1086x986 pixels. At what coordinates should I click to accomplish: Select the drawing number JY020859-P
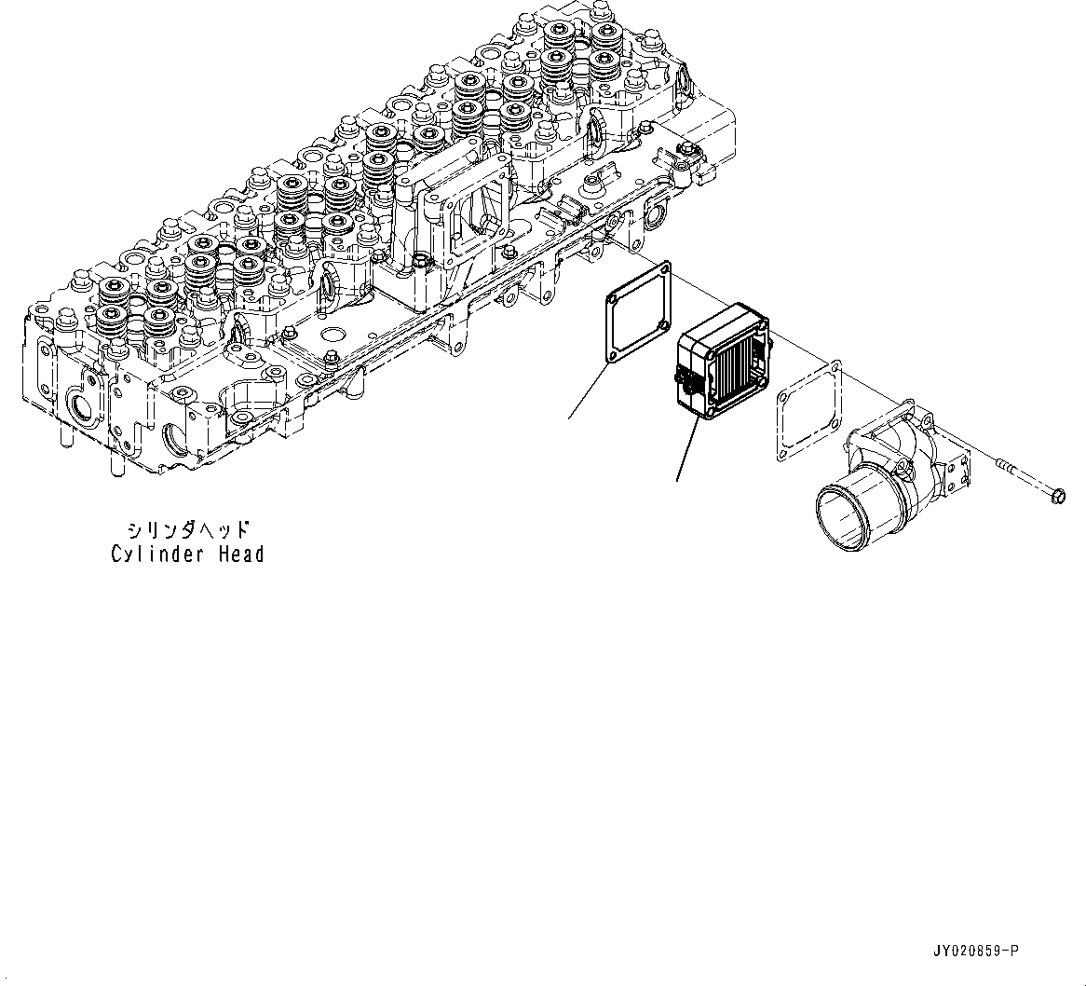974,951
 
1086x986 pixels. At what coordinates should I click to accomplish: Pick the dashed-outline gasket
808,409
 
